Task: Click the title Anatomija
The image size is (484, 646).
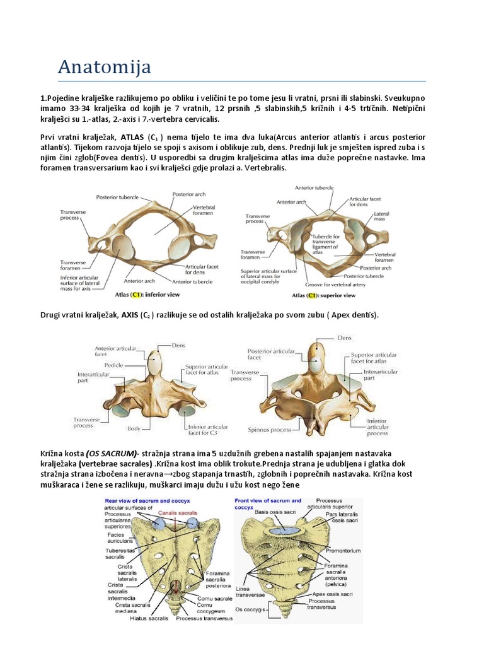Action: point(104,66)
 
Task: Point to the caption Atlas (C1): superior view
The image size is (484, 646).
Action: point(323,295)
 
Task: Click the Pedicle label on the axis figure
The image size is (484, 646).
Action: point(113,365)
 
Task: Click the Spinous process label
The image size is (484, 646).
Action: point(270,430)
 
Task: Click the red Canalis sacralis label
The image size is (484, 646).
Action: point(176,512)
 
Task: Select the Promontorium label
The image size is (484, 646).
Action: point(344,551)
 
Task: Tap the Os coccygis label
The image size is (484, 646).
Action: point(247,609)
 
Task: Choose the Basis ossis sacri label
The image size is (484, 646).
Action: point(275,512)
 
